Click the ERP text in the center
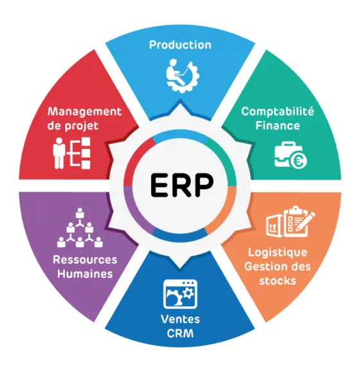point(181,185)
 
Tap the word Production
point(180,45)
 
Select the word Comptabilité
point(277,111)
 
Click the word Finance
point(278,125)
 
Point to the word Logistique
point(277,253)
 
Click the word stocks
point(277,280)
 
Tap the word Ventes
point(180,319)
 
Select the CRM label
point(180,333)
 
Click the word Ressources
point(85,260)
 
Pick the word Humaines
point(85,274)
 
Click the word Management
point(84,111)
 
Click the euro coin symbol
point(298,161)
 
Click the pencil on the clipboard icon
point(305,221)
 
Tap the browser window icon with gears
point(180,294)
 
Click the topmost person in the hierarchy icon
point(80,213)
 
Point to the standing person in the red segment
point(59,153)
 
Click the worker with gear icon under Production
point(183,75)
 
